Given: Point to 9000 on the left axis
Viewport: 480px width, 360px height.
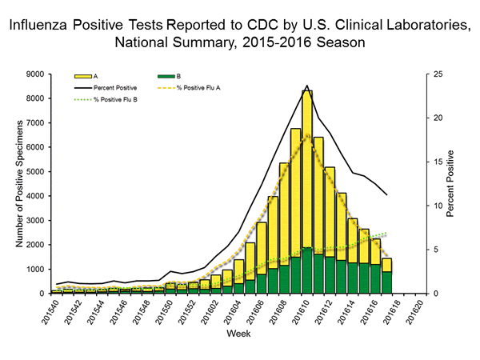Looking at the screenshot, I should [33, 74].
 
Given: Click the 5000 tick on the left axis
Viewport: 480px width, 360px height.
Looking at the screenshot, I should [33, 171].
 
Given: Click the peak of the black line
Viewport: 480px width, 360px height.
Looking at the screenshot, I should [307, 86].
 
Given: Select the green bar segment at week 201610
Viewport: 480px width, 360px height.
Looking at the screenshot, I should [306, 270].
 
